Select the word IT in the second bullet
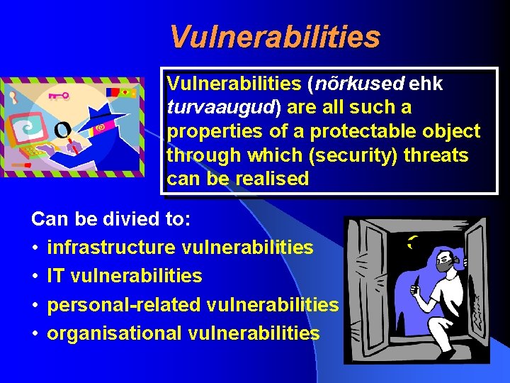tap(55, 276)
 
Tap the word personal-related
tap(124, 305)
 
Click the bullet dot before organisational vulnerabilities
tap(35, 333)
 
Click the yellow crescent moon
tap(412, 243)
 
